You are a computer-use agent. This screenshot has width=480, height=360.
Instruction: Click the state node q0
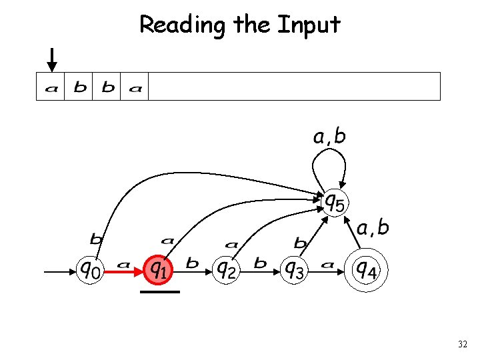(x=91, y=269)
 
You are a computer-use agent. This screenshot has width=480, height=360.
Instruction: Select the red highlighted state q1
(x=159, y=269)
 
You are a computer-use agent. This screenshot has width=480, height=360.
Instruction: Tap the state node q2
(x=227, y=269)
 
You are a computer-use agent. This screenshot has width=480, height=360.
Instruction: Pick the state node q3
(x=293, y=269)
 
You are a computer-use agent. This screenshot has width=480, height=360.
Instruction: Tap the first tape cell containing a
(x=51, y=87)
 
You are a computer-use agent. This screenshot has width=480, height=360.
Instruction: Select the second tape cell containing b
(x=79, y=87)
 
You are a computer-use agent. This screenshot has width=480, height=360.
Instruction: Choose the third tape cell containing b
(x=107, y=87)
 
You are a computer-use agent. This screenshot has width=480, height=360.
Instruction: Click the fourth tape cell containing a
(x=135, y=87)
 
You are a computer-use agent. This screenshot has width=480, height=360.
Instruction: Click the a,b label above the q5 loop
(x=329, y=137)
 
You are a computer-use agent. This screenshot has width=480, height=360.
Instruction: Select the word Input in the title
(x=308, y=25)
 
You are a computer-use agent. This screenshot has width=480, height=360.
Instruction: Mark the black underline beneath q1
(x=160, y=292)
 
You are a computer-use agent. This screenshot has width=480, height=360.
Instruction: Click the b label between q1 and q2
(x=192, y=263)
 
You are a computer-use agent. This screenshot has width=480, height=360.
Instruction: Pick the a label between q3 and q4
(x=327, y=265)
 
